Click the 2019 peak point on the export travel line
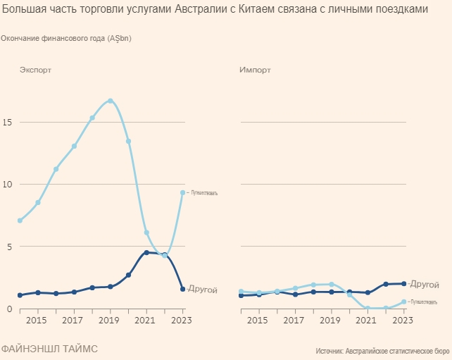(x=111, y=101)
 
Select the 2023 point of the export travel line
(x=183, y=192)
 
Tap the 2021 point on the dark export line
(x=146, y=252)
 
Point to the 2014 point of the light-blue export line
(x=20, y=221)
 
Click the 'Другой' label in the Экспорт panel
(x=202, y=290)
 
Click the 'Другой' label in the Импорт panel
(x=425, y=284)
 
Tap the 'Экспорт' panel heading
(x=35, y=70)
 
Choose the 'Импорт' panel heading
(x=255, y=70)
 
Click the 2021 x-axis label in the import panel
(x=367, y=321)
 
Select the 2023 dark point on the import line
(x=403, y=284)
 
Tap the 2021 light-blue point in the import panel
(x=368, y=308)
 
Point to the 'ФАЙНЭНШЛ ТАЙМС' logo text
(x=49, y=348)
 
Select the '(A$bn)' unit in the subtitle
(x=120, y=38)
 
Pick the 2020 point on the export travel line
(x=128, y=141)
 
